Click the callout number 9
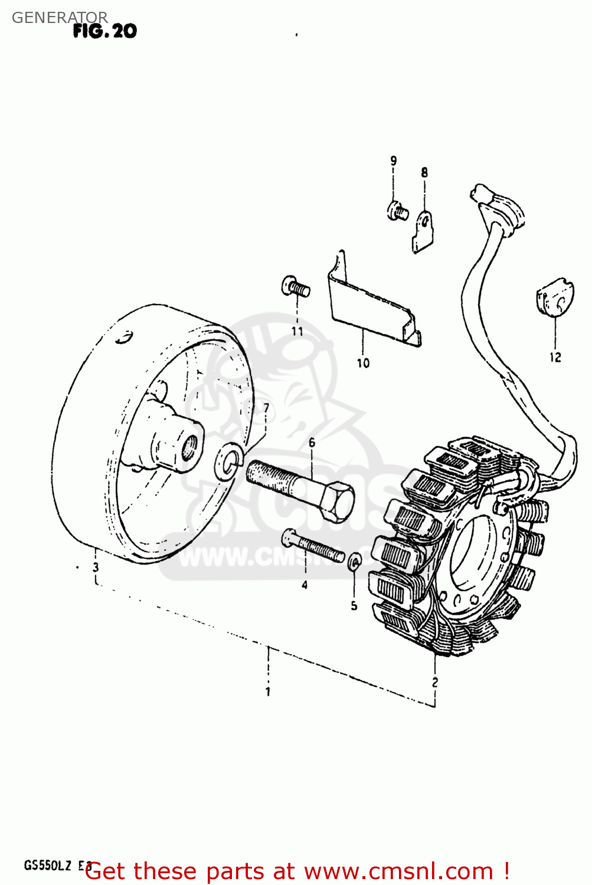(x=393, y=160)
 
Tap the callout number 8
(x=424, y=173)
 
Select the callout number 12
(x=555, y=357)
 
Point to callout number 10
(x=363, y=363)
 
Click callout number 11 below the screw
(x=297, y=332)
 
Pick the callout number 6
(x=312, y=442)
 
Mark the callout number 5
(x=354, y=605)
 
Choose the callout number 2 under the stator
(x=435, y=682)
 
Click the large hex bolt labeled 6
(x=301, y=488)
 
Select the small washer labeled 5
(x=354, y=561)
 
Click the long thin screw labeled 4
(x=313, y=546)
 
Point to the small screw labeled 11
(x=296, y=287)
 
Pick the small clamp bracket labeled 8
(x=423, y=230)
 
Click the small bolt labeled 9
(x=397, y=209)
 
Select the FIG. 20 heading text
(x=104, y=31)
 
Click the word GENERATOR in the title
(x=60, y=18)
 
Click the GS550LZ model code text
(x=48, y=866)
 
